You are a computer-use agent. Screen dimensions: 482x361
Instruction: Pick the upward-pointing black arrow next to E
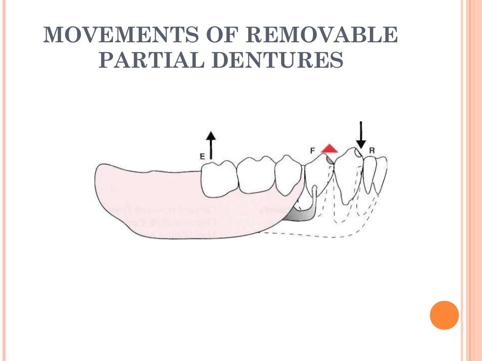coord(211,145)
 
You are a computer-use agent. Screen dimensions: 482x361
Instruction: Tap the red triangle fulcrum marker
coord(329,149)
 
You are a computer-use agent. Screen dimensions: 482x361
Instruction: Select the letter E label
coord(202,156)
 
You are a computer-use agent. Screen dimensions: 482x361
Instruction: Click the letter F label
coord(313,150)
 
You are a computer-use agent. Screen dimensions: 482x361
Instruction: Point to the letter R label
coord(372,150)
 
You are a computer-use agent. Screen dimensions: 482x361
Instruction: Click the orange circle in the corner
coord(444,315)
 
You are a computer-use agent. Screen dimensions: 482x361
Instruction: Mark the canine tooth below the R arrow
coord(349,174)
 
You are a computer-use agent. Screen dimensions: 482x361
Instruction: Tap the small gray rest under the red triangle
coord(330,159)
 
